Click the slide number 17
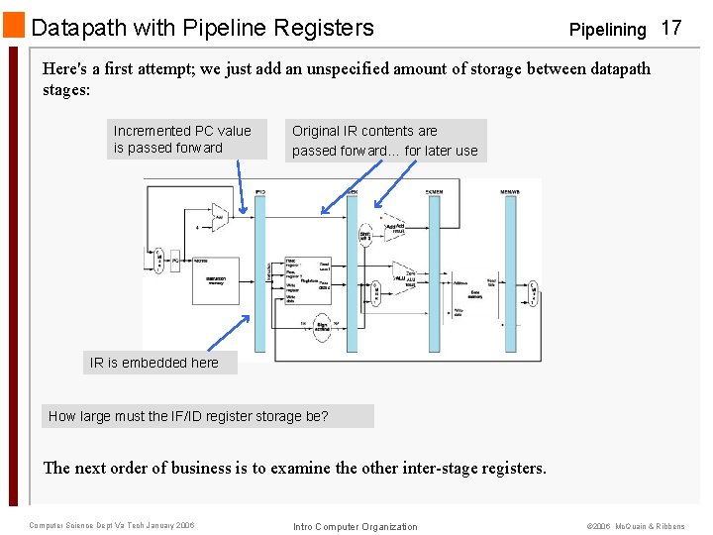pyautogui.click(x=670, y=28)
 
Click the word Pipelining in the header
pyautogui.click(x=607, y=30)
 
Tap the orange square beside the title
pyautogui.click(x=14, y=27)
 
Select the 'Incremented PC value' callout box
pyautogui.click(x=187, y=140)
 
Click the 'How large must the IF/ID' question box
pyautogui.click(x=210, y=416)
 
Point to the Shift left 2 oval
pyautogui.click(x=365, y=234)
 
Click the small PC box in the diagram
pyautogui.click(x=174, y=262)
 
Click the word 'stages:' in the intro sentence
pyautogui.click(x=66, y=90)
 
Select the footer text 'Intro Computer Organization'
pyautogui.click(x=356, y=526)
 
